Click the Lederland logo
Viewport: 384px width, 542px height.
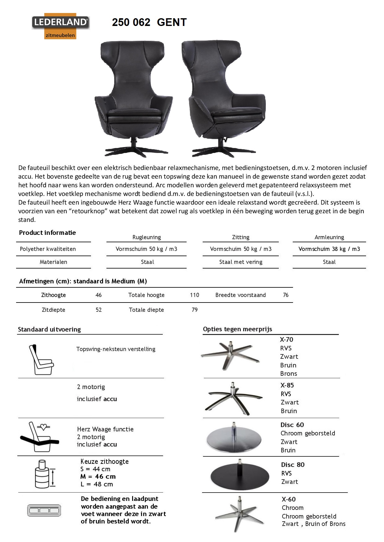[x=61, y=26]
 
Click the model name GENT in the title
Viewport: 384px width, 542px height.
[x=172, y=22]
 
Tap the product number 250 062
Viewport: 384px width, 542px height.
[x=131, y=22]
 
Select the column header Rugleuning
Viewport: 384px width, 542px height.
[x=147, y=237]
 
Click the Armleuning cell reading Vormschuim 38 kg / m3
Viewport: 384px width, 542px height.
[x=329, y=249]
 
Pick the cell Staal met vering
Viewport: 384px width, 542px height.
[x=241, y=262]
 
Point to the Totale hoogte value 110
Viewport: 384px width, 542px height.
[x=195, y=295]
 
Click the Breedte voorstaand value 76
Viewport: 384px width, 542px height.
[x=286, y=295]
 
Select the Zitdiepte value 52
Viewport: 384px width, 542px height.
[x=99, y=310]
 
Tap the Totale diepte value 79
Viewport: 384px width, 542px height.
[x=195, y=310]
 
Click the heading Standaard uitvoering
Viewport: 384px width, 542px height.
[x=50, y=329]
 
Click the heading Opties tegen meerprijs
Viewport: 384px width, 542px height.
[x=237, y=329]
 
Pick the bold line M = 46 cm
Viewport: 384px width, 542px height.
[x=98, y=476]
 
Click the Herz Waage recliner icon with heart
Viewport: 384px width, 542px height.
[x=39, y=436]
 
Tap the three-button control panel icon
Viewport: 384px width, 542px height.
[x=44, y=510]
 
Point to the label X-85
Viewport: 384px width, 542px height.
[x=287, y=385]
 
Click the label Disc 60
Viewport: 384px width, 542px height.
[x=292, y=425]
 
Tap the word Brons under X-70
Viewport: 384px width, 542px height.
[x=289, y=374]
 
